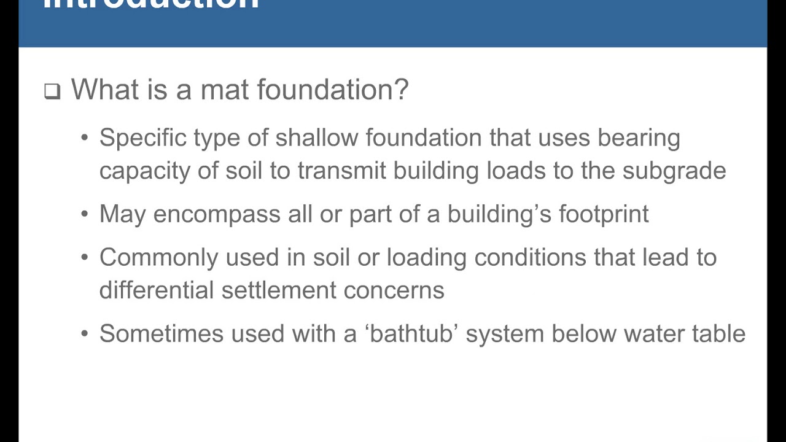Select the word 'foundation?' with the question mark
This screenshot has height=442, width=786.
pos(332,90)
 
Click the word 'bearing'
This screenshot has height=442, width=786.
pos(639,139)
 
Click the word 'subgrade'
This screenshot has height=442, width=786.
pos(674,171)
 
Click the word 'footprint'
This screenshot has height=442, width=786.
pos(603,215)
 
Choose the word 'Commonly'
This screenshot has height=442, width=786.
pos(158,258)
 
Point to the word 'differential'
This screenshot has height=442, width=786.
pos(157,290)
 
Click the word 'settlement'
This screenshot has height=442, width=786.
pos(279,290)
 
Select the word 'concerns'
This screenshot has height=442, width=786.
pos(394,290)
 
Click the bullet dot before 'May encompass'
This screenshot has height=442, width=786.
pos(85,215)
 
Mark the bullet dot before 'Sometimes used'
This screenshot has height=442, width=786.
pos(85,335)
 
